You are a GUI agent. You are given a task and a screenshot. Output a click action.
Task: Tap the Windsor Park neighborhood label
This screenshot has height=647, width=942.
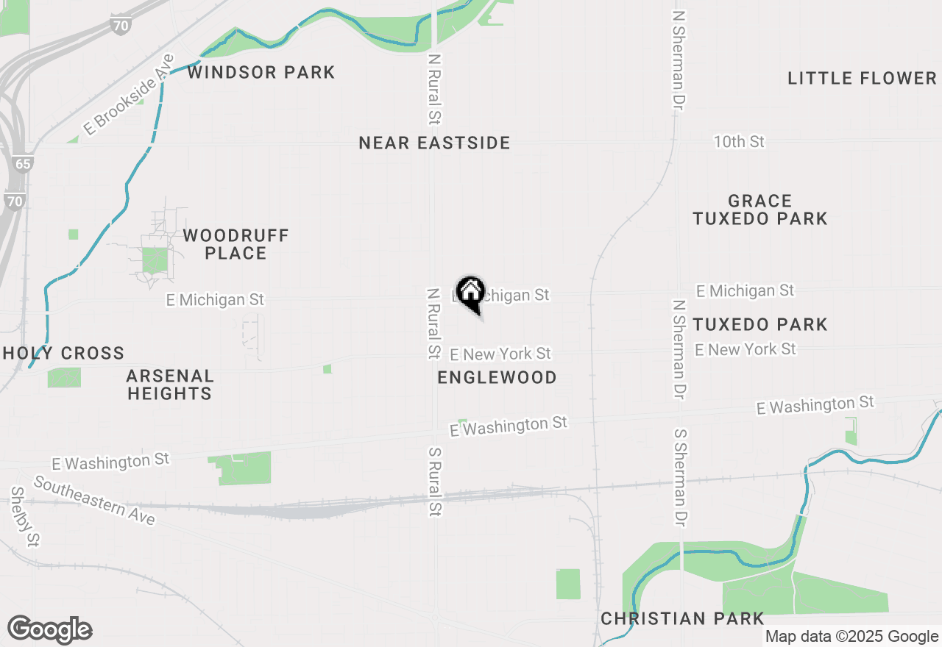261,72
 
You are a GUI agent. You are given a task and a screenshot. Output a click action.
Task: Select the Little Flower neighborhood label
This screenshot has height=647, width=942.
862,78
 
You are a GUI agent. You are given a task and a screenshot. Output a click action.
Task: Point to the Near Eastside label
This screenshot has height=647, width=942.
434,143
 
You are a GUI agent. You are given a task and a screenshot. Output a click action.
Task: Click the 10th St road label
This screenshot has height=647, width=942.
739,141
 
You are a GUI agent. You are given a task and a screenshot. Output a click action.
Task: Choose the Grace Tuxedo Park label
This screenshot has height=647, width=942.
760,210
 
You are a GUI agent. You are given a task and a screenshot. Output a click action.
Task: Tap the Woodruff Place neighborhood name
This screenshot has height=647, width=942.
235,244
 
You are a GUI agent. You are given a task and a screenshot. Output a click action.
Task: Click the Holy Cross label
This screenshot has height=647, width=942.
63,353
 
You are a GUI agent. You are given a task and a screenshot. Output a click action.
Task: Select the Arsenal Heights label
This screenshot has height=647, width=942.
170,385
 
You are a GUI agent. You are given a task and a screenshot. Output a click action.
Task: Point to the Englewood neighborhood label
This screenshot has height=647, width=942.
497,377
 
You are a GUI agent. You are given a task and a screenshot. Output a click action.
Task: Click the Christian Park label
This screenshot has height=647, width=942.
682,618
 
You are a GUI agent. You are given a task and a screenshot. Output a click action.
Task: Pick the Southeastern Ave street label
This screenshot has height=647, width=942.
94,501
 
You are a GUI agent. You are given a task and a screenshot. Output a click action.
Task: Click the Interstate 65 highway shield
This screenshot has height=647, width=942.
22,163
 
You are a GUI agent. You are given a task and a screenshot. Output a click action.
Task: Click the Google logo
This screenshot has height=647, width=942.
50,630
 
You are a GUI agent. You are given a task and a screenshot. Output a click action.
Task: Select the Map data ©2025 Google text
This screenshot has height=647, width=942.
851,637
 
